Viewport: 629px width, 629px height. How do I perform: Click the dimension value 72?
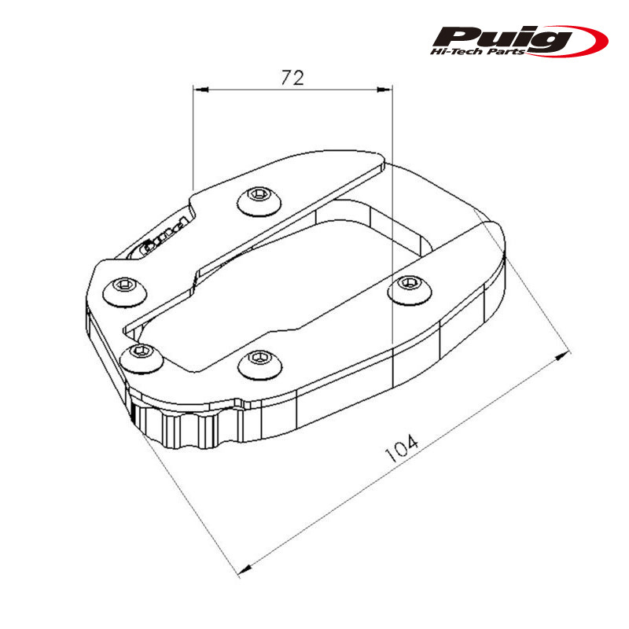(292, 77)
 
